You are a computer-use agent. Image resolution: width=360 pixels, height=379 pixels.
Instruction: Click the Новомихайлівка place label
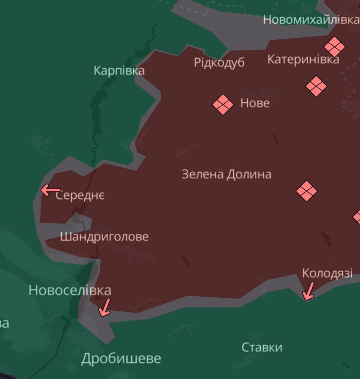(311, 20)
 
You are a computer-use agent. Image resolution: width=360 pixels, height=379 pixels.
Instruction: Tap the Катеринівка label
(303, 59)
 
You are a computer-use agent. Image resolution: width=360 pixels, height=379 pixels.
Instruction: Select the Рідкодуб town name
(219, 62)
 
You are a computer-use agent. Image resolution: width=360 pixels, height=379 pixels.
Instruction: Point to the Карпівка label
(119, 70)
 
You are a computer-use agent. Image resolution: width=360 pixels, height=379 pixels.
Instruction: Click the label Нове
(255, 103)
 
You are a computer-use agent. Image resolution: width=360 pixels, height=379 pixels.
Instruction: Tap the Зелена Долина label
(226, 174)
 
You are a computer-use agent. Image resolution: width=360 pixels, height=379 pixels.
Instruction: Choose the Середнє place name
(80, 195)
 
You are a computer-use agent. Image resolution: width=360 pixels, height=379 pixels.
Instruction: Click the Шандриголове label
(104, 237)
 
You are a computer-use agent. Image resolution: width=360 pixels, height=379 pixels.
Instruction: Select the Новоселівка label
(70, 290)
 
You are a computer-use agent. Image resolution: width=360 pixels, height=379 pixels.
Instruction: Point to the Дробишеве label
(121, 358)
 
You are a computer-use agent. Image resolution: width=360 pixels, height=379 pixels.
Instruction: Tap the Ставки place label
(262, 347)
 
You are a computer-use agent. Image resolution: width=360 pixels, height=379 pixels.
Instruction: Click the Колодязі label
(327, 273)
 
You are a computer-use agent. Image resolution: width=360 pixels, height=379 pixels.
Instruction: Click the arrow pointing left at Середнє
(50, 190)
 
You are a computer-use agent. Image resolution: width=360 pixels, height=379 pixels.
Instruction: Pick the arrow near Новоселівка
(105, 308)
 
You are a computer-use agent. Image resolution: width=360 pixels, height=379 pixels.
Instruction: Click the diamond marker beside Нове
(223, 104)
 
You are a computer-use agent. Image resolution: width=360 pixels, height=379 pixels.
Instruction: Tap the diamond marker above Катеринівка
(334, 47)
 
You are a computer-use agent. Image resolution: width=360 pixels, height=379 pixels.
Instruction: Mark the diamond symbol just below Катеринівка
(316, 86)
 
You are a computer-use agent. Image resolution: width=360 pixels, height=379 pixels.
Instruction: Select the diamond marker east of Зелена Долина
(306, 191)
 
